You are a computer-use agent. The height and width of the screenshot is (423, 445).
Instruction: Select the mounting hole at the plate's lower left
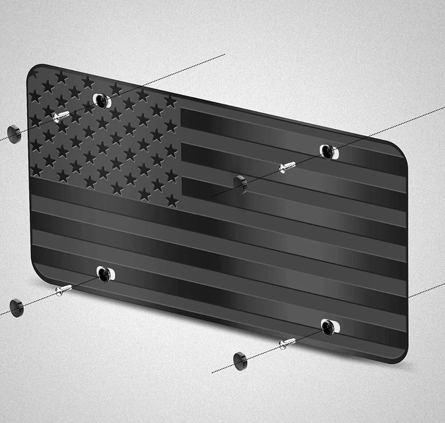click(105, 274)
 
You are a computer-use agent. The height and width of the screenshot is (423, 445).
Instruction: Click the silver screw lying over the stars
click(61, 115)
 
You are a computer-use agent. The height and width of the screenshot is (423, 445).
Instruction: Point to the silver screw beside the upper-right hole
click(287, 167)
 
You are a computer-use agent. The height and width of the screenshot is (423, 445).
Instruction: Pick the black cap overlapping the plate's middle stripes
click(239, 182)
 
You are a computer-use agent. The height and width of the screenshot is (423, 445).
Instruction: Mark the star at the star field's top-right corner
click(171, 101)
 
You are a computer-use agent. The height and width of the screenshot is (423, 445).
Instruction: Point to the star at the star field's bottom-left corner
click(37, 169)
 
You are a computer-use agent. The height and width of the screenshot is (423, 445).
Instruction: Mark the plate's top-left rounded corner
click(33, 69)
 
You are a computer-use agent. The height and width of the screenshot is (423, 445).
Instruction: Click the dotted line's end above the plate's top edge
click(224, 54)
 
